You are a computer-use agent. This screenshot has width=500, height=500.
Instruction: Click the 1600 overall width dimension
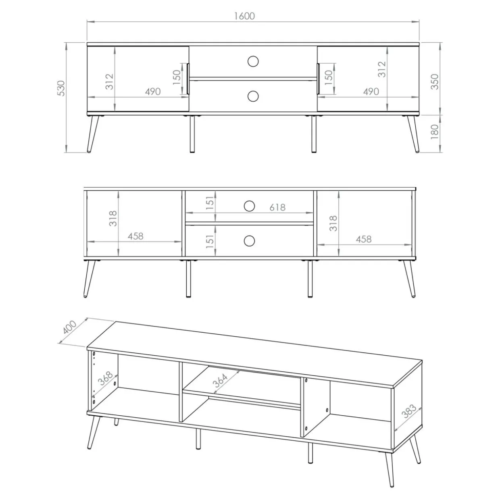244,16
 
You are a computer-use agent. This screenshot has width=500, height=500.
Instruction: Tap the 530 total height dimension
61,88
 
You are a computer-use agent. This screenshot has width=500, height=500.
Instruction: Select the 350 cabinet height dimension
435,81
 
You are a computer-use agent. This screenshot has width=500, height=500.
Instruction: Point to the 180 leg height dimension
435,132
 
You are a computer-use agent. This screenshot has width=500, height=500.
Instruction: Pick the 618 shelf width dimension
277,207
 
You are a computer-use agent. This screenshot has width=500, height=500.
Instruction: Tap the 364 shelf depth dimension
220,380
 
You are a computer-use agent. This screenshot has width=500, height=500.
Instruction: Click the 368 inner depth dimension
105,379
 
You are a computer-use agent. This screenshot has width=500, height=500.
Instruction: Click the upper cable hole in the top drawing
253,62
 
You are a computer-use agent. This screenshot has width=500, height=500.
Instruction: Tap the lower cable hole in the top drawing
253,96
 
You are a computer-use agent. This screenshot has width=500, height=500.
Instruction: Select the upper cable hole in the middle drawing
249,206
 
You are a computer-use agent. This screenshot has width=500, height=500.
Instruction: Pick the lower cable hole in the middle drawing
249,241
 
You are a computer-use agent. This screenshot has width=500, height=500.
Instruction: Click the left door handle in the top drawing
188,78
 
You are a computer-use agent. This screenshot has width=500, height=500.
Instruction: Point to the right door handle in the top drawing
318,78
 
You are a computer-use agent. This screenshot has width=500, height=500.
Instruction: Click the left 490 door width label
153,92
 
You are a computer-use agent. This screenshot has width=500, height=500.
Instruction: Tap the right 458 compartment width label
364,239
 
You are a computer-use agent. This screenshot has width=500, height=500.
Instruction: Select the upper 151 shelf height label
210,203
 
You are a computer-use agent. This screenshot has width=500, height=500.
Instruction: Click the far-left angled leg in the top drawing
93,134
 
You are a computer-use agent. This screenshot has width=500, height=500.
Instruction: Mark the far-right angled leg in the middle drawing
409,279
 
